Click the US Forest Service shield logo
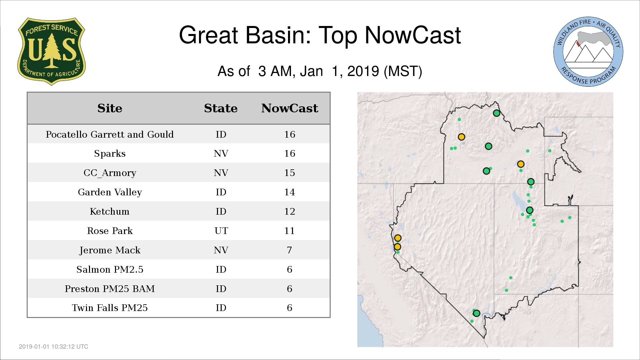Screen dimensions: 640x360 point(51,52)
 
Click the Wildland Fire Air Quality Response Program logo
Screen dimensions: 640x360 point(588,52)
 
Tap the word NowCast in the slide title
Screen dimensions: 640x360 point(413,35)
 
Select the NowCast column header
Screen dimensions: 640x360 point(290,108)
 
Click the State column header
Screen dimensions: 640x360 point(221,108)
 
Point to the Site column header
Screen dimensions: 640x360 point(110,108)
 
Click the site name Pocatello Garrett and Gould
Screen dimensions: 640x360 point(110,134)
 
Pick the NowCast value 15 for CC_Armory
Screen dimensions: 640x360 point(290,173)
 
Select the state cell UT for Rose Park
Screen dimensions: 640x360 point(221,231)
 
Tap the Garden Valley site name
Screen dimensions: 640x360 point(110,192)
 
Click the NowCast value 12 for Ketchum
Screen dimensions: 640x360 point(290,211)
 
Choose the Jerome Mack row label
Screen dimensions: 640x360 point(110,250)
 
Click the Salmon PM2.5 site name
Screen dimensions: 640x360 point(110,269)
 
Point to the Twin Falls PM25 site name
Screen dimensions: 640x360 point(110,308)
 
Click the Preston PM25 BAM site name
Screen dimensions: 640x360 point(110,289)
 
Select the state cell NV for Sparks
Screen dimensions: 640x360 point(221,153)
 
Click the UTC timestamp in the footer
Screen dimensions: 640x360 point(54,347)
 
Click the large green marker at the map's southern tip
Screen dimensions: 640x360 point(476,313)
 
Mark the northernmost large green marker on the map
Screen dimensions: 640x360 point(496,113)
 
